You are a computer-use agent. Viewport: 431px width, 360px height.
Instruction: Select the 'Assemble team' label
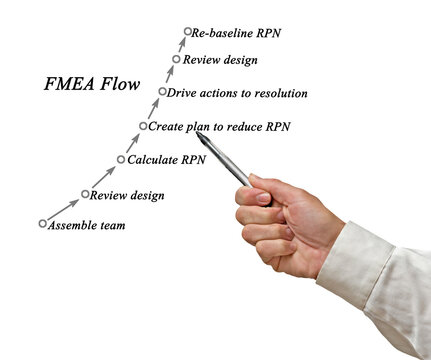[x=88, y=225]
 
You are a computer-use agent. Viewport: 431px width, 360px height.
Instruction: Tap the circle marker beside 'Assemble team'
[x=42, y=223]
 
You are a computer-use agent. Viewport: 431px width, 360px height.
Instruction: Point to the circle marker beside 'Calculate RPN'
[x=121, y=159]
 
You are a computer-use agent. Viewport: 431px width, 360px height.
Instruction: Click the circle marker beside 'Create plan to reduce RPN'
[x=143, y=126]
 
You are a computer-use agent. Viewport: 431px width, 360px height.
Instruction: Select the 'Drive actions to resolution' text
[x=239, y=93]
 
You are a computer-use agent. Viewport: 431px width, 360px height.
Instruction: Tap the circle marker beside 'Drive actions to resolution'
[x=162, y=92]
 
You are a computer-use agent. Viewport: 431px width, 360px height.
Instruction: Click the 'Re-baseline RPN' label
[x=237, y=33]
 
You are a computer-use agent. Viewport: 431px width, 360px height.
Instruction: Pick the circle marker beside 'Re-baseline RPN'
[x=186, y=32]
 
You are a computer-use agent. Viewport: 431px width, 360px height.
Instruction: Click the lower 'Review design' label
[x=128, y=195]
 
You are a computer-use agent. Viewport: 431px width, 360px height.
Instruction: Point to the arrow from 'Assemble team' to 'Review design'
[x=63, y=209]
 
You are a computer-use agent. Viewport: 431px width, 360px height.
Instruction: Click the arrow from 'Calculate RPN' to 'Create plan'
[x=132, y=143]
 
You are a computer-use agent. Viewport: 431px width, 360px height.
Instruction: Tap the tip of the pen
[x=198, y=134]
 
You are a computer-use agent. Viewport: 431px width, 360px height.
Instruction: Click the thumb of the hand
[x=257, y=196]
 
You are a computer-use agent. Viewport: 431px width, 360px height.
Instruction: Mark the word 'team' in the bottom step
[x=111, y=225]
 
